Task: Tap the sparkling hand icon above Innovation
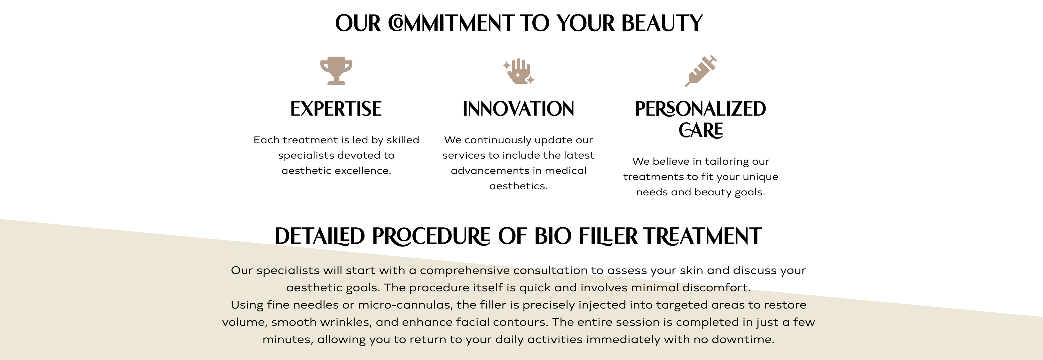click(519, 71)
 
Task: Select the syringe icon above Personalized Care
click(701, 71)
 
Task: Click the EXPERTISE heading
click(336, 109)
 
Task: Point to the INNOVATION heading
click(519, 109)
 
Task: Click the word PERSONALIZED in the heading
click(701, 109)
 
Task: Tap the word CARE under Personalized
click(701, 130)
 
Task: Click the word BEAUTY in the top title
click(662, 23)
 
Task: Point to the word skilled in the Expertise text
click(403, 140)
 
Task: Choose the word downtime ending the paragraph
click(743, 339)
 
